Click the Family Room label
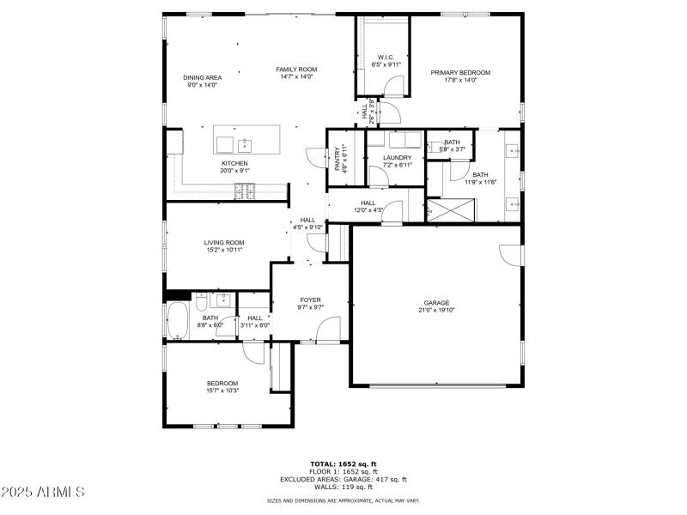[296, 70]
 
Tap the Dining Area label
[202, 77]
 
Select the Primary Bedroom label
[460, 73]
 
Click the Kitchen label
[234, 163]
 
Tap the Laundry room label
[397, 158]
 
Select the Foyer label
[310, 300]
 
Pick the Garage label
[436, 303]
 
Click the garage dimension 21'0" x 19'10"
[436, 311]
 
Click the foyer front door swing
[327, 330]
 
